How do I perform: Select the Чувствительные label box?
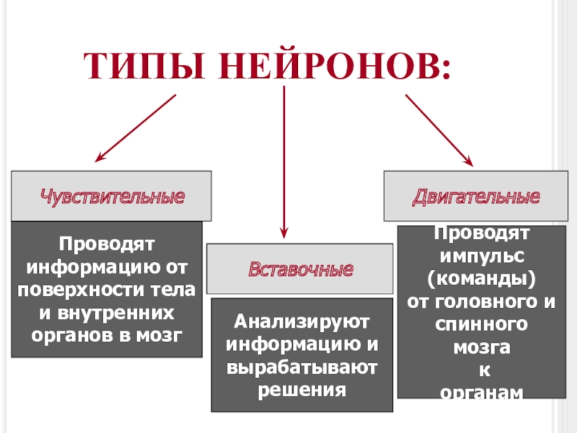(112, 196)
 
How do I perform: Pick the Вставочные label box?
(301, 269)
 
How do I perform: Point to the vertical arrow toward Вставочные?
(285, 162)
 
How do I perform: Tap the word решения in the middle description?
(301, 390)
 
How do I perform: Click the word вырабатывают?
(301, 367)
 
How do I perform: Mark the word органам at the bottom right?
(480, 391)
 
